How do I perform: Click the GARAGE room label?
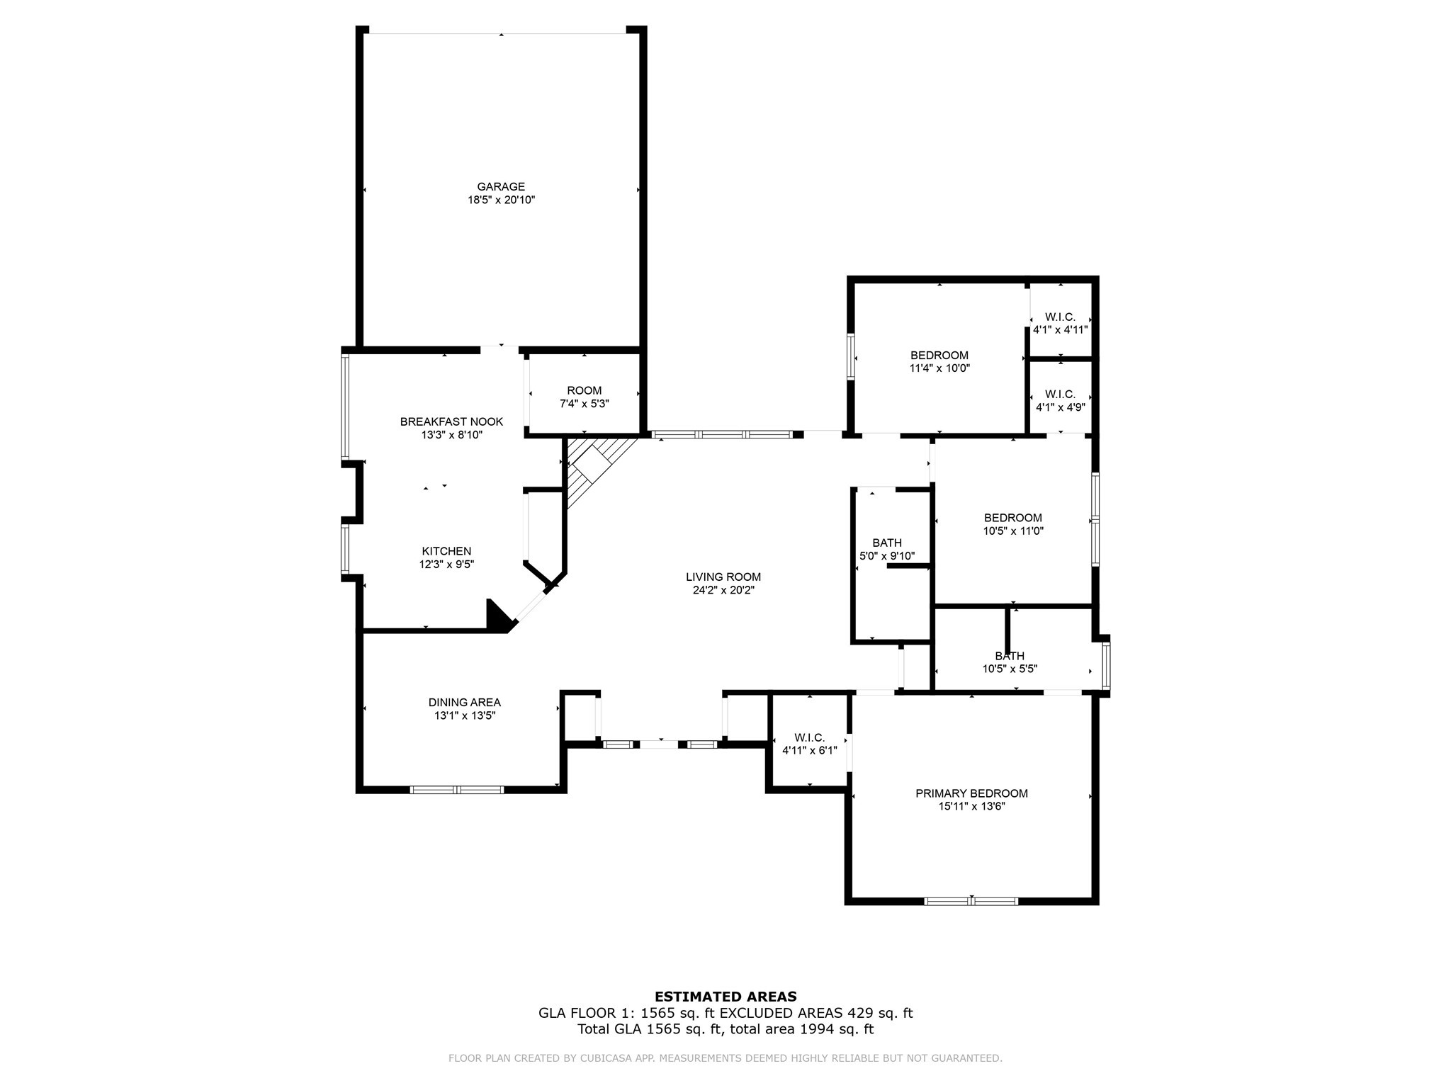coord(501,187)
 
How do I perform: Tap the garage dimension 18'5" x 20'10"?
coord(501,200)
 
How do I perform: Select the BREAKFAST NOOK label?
coord(451,421)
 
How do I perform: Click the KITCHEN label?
coord(446,551)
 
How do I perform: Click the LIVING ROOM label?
coord(723,577)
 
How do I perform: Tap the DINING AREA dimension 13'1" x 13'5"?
coord(465,716)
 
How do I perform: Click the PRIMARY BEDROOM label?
coord(971,793)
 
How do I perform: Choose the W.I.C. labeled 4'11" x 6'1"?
coord(810,743)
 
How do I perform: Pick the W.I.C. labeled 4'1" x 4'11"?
coord(1060,323)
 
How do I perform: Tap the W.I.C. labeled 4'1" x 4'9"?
coord(1060,401)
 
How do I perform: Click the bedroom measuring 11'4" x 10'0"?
coord(939,361)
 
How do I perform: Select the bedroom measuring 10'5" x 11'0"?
coord(1013,524)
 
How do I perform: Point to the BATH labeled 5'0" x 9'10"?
coord(887,550)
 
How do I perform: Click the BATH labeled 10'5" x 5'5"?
coord(1010,662)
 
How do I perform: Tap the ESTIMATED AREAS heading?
coord(725,997)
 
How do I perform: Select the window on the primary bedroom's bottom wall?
coord(971,902)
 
